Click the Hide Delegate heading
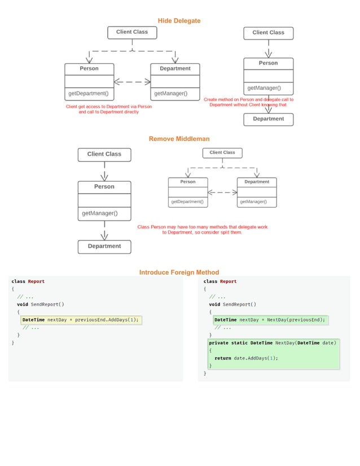[179, 21]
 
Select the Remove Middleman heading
[179, 139]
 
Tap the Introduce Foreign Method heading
[179, 272]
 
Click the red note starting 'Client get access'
[108, 109]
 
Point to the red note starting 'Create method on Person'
[248, 102]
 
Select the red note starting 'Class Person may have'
[202, 230]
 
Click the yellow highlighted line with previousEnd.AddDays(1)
[80, 320]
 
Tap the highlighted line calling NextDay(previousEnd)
[270, 320]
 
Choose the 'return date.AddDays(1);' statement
[246, 358]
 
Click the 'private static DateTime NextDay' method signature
[273, 343]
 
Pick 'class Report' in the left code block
[28, 282]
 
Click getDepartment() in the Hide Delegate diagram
[89, 94]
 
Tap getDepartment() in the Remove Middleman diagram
[187, 202]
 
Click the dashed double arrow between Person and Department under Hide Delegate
[132, 82]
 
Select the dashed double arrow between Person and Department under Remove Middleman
[222, 192]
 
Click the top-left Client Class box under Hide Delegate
[132, 33]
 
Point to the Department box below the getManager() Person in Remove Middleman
[104, 247]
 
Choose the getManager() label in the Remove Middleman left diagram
[100, 213]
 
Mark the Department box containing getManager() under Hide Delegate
[175, 82]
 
